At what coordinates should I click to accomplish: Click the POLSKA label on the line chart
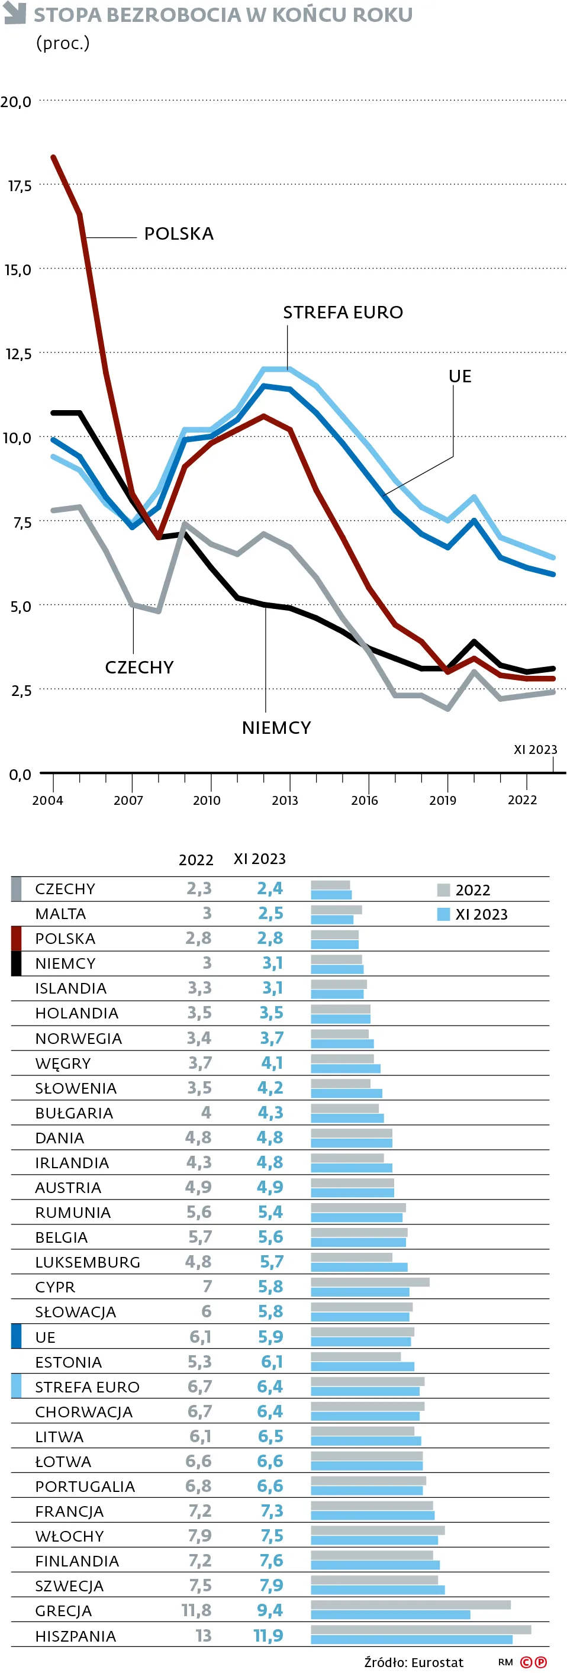179,234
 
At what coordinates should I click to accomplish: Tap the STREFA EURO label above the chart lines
342,312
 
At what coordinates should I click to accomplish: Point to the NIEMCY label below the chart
276,728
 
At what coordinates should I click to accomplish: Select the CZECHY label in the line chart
139,668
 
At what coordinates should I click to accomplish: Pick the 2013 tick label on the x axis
285,801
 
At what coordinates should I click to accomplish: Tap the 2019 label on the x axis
442,801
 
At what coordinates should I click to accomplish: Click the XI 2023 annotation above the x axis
535,749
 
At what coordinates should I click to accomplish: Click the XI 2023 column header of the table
259,859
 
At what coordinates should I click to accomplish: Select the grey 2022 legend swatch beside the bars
444,889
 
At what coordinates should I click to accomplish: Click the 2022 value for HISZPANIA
203,1635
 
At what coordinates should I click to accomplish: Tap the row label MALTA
60,914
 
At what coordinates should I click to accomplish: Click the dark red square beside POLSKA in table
16,939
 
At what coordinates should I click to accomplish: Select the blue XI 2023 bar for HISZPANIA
411,1640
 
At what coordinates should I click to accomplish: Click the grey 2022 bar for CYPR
369,1282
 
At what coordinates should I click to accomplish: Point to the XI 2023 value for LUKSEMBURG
271,1262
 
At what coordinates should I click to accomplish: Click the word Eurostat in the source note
437,1662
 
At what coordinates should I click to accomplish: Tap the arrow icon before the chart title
14,12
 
